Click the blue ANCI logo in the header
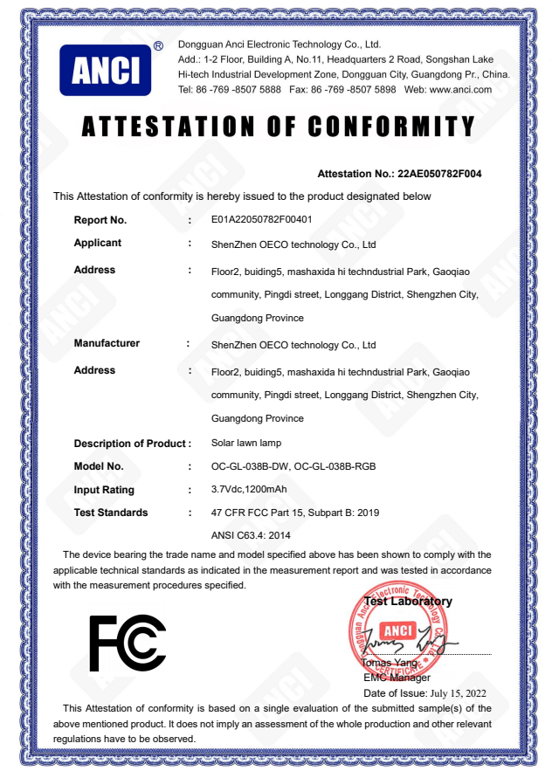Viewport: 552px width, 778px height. (x=105, y=70)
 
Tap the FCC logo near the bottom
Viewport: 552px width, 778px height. (x=128, y=644)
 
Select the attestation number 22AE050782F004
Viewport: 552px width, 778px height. (x=439, y=174)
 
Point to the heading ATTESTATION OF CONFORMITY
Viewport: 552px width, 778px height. (x=278, y=127)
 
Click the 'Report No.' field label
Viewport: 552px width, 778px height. (x=100, y=220)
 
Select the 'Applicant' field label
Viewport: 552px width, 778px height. (x=98, y=243)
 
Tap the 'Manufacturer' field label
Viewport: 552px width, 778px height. (x=107, y=343)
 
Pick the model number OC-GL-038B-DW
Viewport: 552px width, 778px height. (x=250, y=466)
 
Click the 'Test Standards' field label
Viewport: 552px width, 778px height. (x=111, y=513)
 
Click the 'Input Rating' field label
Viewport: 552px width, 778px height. (x=104, y=490)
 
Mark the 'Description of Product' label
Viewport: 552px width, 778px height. (x=131, y=444)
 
